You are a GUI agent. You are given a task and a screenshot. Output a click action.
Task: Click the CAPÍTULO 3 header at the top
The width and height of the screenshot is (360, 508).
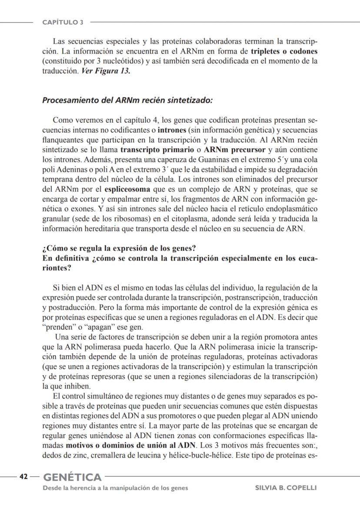tap(63, 22)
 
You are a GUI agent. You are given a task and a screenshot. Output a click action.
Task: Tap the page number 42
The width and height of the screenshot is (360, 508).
tap(23, 477)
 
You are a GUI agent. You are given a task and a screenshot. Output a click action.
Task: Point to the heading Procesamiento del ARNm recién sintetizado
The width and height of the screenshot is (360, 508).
tap(127, 100)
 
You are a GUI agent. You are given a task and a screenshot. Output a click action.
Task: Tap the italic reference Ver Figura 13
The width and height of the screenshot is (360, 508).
tap(106, 71)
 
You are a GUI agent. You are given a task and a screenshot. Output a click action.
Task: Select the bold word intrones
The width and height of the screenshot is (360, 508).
tap(172, 130)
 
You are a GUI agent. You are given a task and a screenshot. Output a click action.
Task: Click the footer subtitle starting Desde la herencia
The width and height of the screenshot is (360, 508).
tap(115, 488)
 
